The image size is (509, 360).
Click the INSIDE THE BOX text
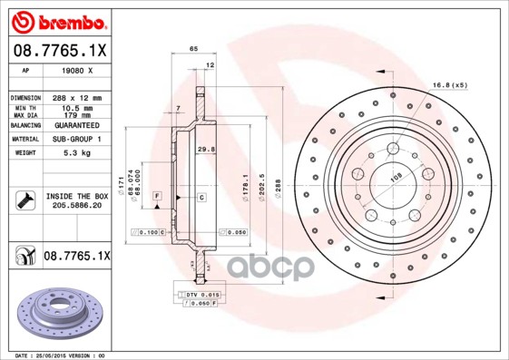[77, 196]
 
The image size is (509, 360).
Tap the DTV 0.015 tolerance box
[201, 295]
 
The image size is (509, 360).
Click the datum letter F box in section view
[157, 196]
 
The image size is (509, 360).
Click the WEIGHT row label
[24, 153]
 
